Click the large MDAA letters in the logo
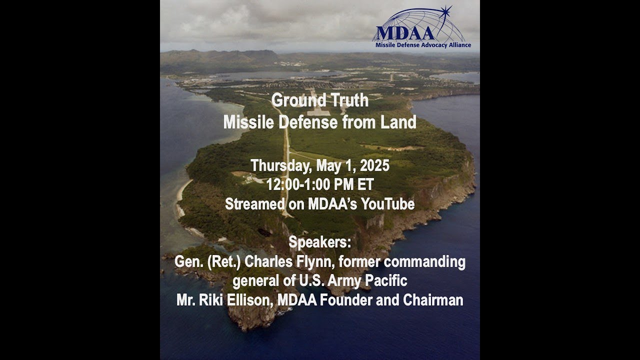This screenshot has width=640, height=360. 399,33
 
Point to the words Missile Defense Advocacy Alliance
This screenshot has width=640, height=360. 423,45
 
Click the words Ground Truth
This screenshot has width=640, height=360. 320,100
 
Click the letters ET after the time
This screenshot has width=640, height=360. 365,184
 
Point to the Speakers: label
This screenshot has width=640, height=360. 320,242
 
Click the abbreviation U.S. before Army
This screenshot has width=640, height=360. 311,280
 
